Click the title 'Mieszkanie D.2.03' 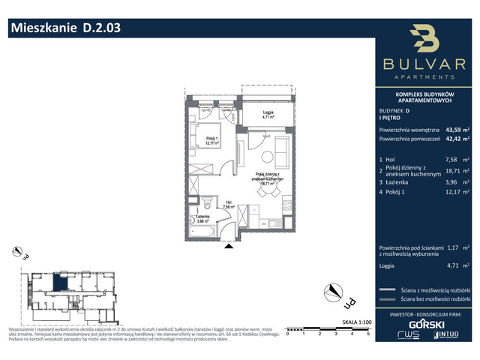click(x=64, y=29)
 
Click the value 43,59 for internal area click(x=453, y=129)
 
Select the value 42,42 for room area click(x=453, y=139)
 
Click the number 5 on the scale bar click(x=368, y=333)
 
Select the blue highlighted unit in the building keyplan click(x=59, y=283)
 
